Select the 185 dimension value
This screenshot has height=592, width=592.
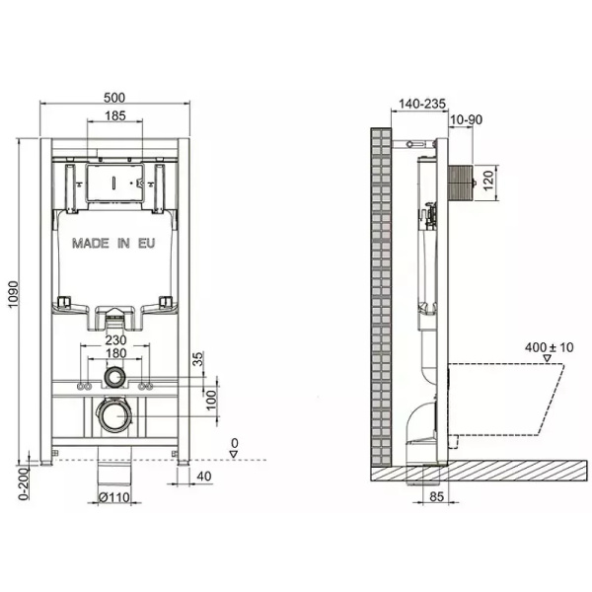point(113,117)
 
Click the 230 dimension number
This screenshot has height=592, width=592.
point(115,337)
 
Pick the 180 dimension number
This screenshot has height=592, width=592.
point(115,353)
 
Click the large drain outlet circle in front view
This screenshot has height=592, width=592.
point(114,415)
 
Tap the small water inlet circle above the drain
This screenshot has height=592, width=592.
point(114,378)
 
